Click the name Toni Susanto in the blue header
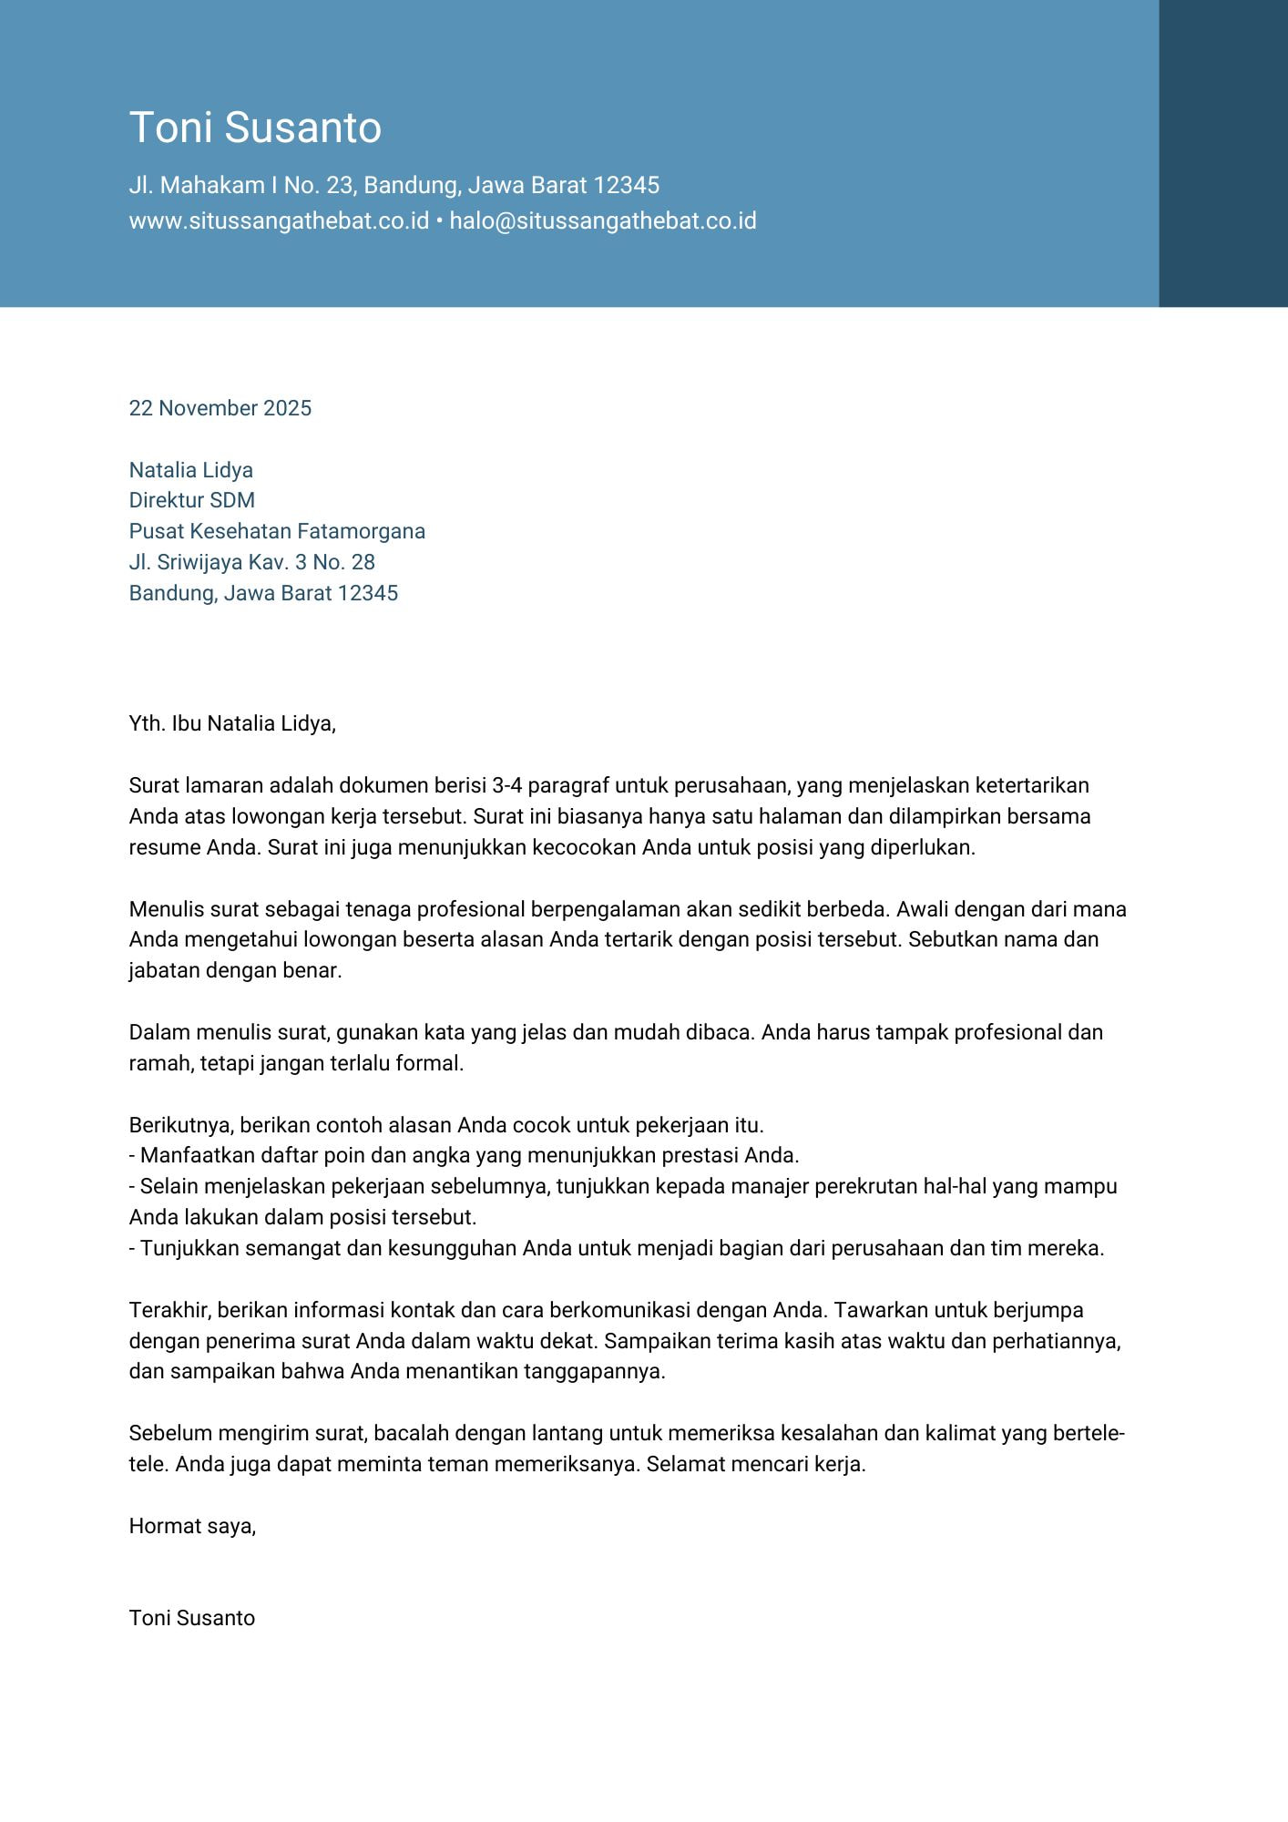click(x=255, y=128)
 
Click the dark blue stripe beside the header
click(x=1222, y=153)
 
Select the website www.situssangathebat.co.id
click(x=279, y=221)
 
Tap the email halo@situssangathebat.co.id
click(x=603, y=221)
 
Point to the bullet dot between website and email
click(x=439, y=222)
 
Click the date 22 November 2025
click(x=220, y=408)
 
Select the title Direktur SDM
click(x=192, y=500)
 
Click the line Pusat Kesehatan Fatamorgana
click(x=277, y=531)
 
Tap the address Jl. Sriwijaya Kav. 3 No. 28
click(x=252, y=562)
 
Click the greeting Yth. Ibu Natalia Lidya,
click(x=232, y=723)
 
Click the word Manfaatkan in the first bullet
click(x=192, y=1155)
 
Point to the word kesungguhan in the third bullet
click(x=452, y=1248)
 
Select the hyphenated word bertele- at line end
click(x=1089, y=1433)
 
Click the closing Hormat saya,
click(x=192, y=1526)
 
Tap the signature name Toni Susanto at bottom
click(x=192, y=1618)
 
